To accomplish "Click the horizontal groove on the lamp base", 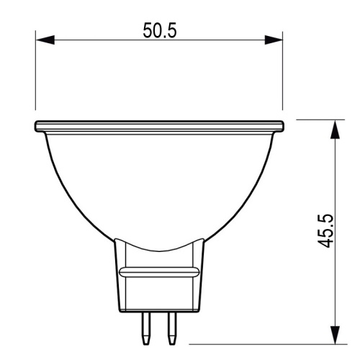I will coord(159,271).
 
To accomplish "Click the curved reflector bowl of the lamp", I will coord(158,187).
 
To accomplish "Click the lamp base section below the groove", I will coord(159,295).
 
